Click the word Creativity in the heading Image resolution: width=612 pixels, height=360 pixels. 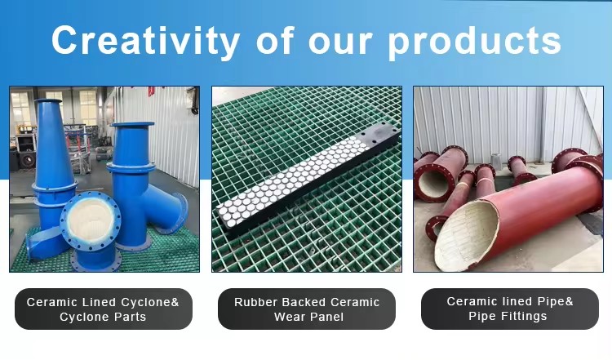pyautogui.click(x=145, y=41)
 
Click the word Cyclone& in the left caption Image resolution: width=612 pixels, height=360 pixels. pyautogui.click(x=150, y=302)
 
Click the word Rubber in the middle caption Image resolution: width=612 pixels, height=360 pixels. pyautogui.click(x=256, y=302)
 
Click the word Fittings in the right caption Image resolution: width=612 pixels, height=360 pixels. pyautogui.click(x=526, y=315)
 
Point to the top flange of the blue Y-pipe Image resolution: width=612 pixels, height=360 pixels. pyautogui.click(x=132, y=125)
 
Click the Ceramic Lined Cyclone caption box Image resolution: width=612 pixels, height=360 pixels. pyautogui.click(x=104, y=309)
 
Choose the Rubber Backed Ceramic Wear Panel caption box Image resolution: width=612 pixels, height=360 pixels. pyautogui.click(x=307, y=309)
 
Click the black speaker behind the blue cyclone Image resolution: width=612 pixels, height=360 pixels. pyautogui.click(x=27, y=160)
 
